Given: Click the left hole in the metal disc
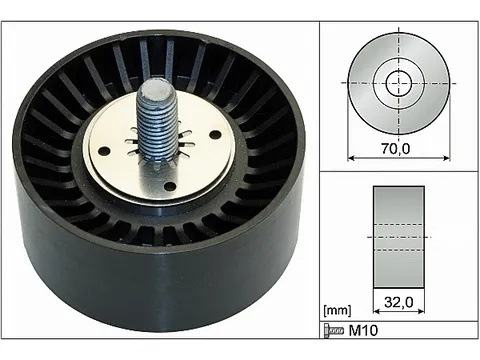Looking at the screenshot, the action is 104,151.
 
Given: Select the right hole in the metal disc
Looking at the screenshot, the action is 216,135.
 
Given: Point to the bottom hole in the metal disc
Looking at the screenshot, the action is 170,186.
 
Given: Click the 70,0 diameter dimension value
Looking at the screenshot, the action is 395,149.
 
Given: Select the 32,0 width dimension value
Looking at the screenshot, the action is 399,302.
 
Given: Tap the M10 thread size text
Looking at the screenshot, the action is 363,330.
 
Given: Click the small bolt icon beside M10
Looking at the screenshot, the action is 334,330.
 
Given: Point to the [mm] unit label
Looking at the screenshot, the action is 337,311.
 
